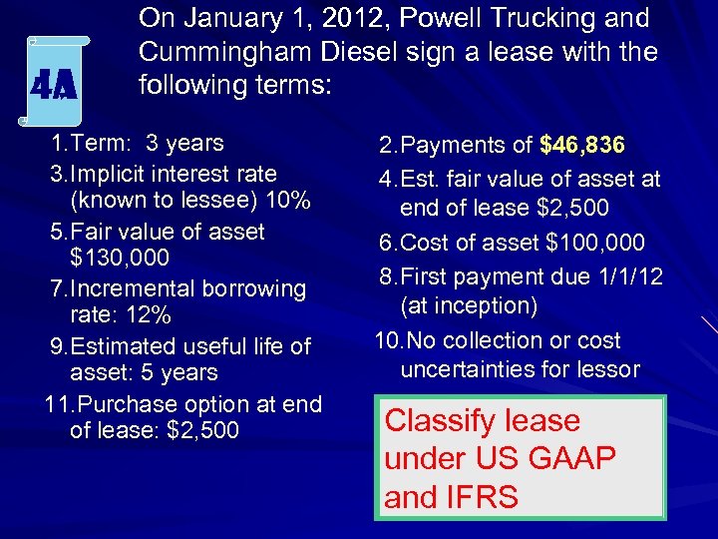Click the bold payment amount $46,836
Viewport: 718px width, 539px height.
pyautogui.click(x=582, y=145)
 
